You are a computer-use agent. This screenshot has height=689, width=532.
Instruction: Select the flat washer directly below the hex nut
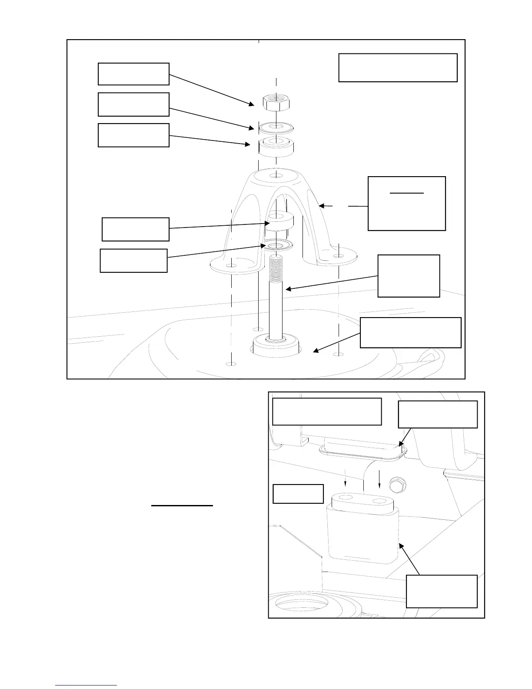pyautogui.click(x=276, y=128)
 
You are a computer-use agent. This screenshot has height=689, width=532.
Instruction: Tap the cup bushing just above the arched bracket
pyautogui.click(x=276, y=147)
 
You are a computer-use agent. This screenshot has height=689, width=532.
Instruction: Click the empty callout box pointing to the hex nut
pyautogui.click(x=133, y=74)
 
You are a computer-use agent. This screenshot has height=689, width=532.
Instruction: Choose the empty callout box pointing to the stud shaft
pyautogui.click(x=409, y=276)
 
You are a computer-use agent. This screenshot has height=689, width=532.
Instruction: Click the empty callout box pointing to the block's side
pyautogui.click(x=442, y=591)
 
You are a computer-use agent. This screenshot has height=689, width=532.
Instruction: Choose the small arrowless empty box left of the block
pyautogui.click(x=298, y=494)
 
